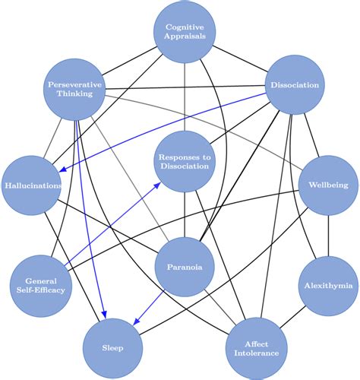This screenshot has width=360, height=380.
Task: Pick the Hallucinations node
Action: pyautogui.click(x=31, y=185)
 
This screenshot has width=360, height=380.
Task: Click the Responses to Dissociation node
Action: pyautogui.click(x=183, y=161)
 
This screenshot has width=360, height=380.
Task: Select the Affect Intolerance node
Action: pyautogui.click(x=255, y=347)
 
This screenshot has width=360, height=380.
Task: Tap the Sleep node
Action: pyautogui.click(x=112, y=347)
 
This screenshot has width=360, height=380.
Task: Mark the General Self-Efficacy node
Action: pyautogui.click(x=39, y=283)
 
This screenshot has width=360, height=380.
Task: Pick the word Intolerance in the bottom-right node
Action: pyautogui.click(x=255, y=353)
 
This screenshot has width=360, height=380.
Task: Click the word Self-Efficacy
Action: pyautogui.click(x=39, y=289)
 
